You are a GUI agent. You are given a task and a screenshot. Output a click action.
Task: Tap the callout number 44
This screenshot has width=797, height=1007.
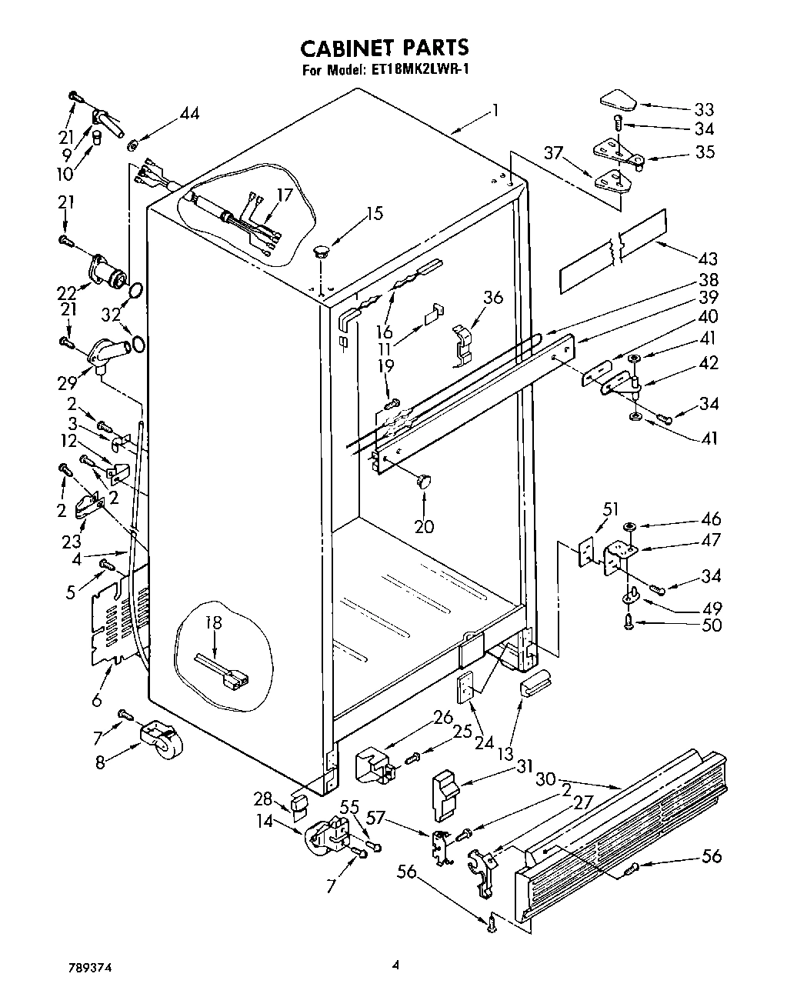[x=188, y=114]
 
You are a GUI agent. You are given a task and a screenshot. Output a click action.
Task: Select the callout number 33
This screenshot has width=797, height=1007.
[x=703, y=108]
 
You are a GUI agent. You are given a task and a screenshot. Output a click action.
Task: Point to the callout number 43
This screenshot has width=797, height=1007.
[x=706, y=258]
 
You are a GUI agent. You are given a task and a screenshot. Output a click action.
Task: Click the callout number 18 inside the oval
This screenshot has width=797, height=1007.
[x=213, y=622]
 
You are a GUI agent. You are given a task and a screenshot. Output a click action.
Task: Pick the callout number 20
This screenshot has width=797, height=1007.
[x=423, y=526]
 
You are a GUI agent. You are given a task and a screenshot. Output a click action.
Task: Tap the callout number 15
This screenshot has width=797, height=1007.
[x=374, y=213]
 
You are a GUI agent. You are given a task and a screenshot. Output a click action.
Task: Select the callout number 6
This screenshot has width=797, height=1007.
[x=96, y=700]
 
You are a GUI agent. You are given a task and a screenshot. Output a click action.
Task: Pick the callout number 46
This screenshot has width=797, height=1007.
[x=712, y=519]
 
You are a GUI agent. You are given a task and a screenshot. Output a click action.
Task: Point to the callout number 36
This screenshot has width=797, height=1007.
[x=492, y=297]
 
